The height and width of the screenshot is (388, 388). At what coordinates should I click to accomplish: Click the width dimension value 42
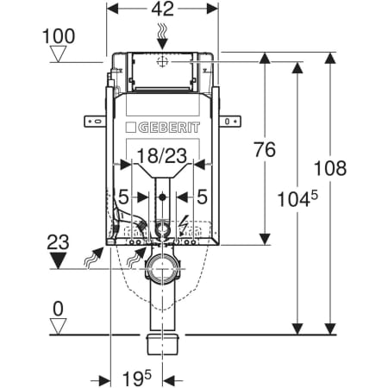pos(163,9)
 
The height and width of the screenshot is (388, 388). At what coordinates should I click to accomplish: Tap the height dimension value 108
pos(330,168)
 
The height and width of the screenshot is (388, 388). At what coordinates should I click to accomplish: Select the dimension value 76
pos(265,149)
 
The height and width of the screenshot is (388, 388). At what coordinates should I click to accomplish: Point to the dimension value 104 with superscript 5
pos(297,199)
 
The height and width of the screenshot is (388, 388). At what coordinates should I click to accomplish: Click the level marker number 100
pos(59,36)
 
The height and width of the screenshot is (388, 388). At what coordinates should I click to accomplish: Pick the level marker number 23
pos(58,242)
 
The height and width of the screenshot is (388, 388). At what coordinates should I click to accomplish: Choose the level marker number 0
pos(58,309)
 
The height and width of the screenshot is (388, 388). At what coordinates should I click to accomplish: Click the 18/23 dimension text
pos(162,156)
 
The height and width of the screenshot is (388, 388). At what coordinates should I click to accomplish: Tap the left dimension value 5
pos(123,197)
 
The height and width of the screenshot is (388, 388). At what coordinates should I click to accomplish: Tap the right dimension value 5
pos(202,197)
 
